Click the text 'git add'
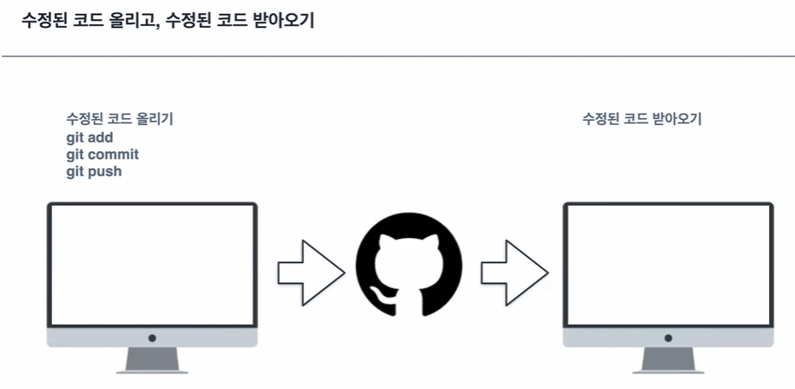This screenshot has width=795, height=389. pyautogui.click(x=89, y=137)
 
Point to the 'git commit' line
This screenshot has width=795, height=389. pyautogui.click(x=103, y=155)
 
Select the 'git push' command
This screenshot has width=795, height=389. pyautogui.click(x=94, y=172)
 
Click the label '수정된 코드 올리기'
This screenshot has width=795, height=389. pyautogui.click(x=125, y=119)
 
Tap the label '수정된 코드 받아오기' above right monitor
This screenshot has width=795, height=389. pyautogui.click(x=641, y=119)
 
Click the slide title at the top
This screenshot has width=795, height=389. pyautogui.click(x=168, y=20)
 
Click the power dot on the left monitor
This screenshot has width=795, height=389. pyautogui.click(x=152, y=338)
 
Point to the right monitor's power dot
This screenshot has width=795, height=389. pyautogui.click(x=668, y=338)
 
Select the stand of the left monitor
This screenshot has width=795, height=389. pyautogui.click(x=152, y=359)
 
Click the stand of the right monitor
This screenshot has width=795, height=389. pyautogui.click(x=668, y=359)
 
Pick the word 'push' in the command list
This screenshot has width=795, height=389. pyautogui.click(x=105, y=172)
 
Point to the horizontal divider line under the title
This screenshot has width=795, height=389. pyautogui.click(x=397, y=57)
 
